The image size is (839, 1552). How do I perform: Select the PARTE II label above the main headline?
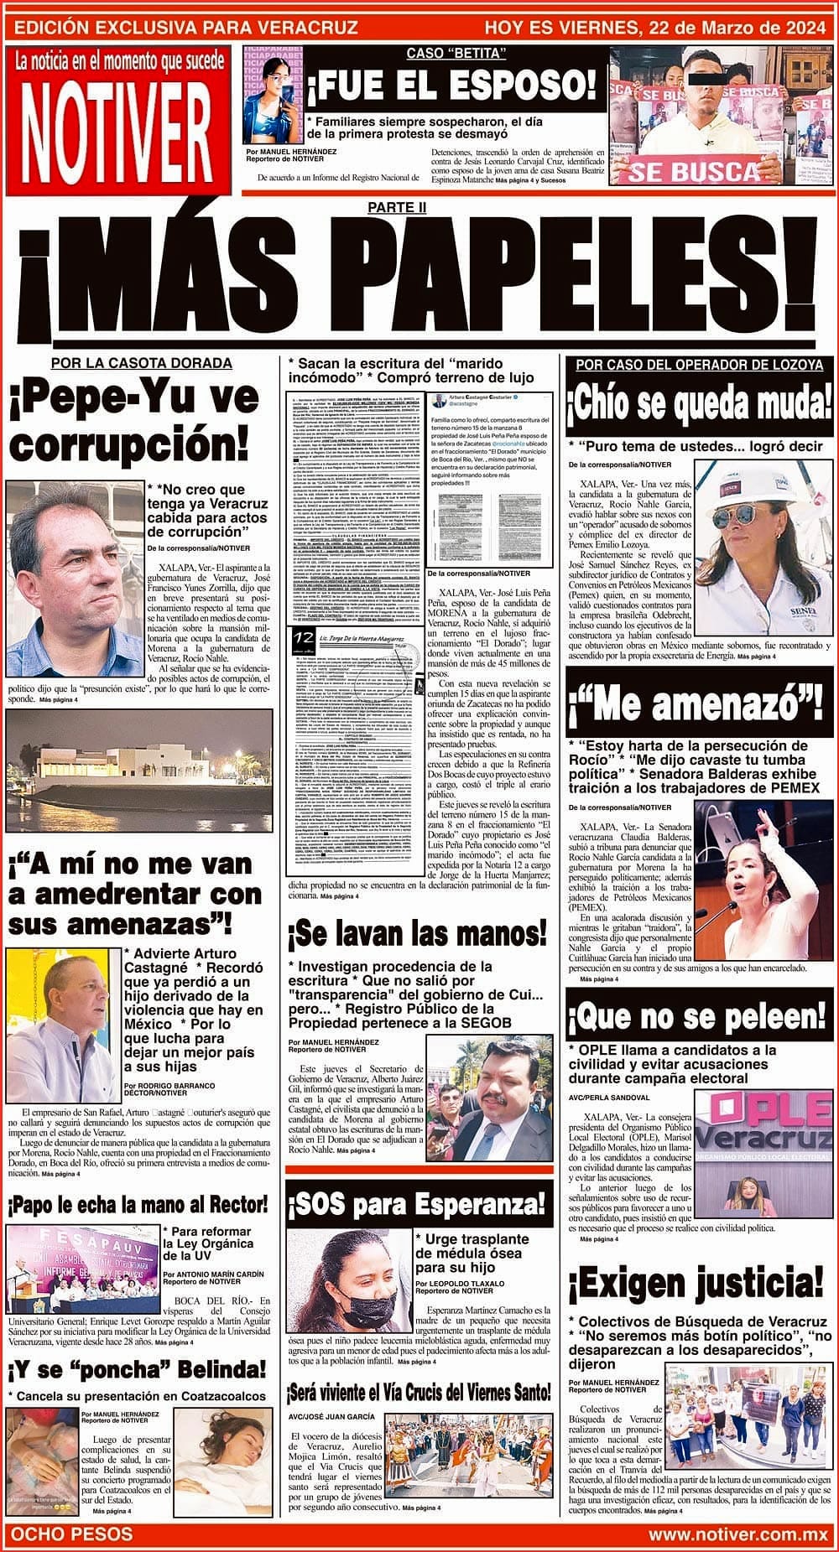[x=419, y=206]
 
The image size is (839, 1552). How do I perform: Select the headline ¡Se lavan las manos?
[x=417, y=933]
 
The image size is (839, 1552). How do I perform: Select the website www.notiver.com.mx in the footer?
[x=738, y=1534]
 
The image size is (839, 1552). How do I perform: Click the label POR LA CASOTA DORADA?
[x=141, y=363]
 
